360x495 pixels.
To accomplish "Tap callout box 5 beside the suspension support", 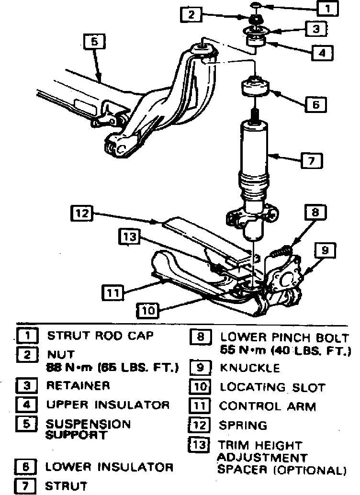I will (x=94, y=43).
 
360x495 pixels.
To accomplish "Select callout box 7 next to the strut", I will (x=311, y=161).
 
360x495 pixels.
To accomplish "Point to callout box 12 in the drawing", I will (x=82, y=214).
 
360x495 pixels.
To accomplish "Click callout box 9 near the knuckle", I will (x=325, y=250).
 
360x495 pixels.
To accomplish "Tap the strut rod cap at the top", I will (x=256, y=6).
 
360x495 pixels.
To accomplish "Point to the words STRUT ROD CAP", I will (x=100, y=336).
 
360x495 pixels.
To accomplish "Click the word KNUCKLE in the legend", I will (x=249, y=369).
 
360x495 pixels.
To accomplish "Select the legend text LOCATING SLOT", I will (x=272, y=387).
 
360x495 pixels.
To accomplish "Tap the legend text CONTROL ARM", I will (x=268, y=406).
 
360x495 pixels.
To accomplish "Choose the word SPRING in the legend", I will (x=243, y=425).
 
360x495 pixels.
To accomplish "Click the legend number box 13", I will (x=199, y=445).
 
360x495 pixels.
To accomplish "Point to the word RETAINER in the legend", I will (x=78, y=385).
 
